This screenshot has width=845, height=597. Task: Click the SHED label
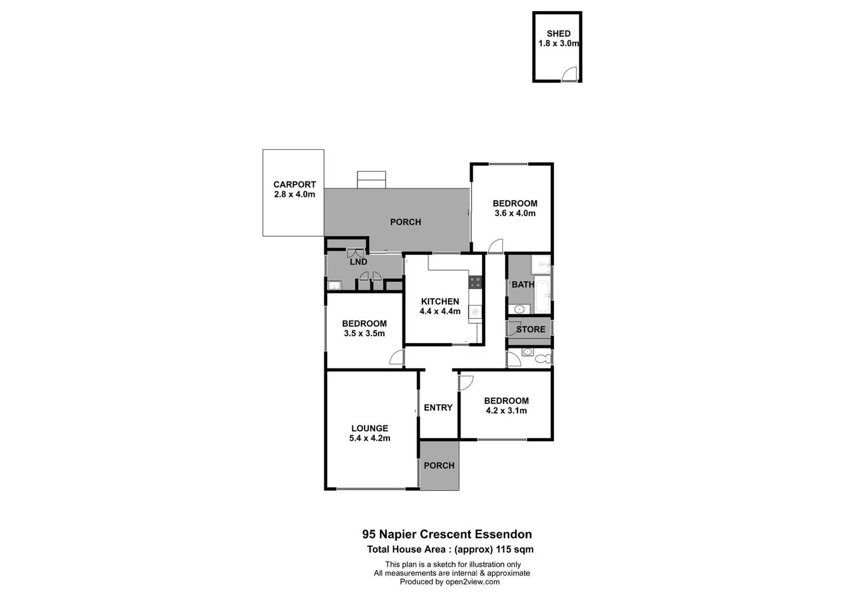pyautogui.click(x=558, y=34)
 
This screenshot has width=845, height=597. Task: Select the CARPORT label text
pyautogui.click(x=294, y=185)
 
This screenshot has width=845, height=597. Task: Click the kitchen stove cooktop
pyautogui.click(x=476, y=282)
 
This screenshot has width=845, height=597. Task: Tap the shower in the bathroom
pyautogui.click(x=541, y=265)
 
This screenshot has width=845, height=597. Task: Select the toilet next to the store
pyautogui.click(x=543, y=358)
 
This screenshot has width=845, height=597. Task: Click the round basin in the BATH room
pyautogui.click(x=519, y=308)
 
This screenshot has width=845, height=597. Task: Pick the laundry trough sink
pyautogui.click(x=334, y=285)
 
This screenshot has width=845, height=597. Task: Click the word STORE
pyautogui.click(x=530, y=329)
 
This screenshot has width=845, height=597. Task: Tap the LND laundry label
pyautogui.click(x=358, y=262)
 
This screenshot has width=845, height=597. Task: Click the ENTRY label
pyautogui.click(x=438, y=407)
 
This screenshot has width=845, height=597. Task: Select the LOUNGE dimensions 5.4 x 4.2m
pyautogui.click(x=369, y=438)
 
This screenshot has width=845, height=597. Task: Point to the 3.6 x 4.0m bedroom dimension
pyautogui.click(x=515, y=213)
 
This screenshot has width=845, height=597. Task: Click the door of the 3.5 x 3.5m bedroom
pyautogui.click(x=397, y=358)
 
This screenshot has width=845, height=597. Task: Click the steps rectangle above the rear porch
pyautogui.click(x=371, y=180)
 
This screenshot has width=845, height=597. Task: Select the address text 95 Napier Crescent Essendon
pyautogui.click(x=447, y=535)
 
